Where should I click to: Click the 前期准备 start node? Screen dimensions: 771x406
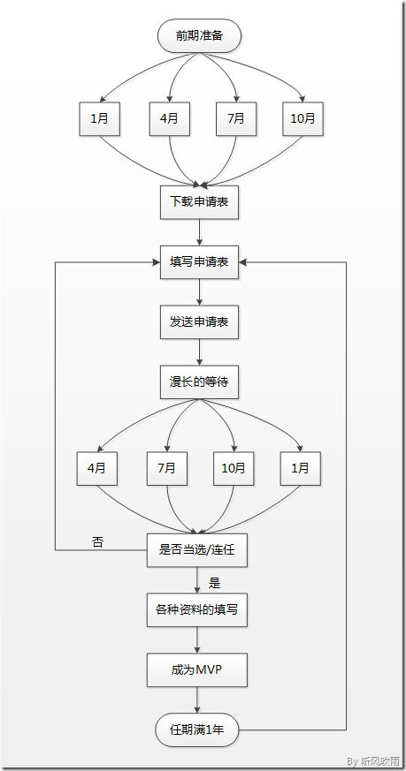pos(199,37)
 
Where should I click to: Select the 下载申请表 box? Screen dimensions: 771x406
pos(199,202)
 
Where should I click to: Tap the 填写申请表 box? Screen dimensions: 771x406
pos(199,262)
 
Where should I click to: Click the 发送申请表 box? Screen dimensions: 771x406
pos(199,321)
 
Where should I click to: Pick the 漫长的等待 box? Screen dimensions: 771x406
pos(199,382)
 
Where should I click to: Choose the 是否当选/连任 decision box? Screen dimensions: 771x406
pos(197,550)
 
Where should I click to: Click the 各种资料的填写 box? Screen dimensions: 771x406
pos(197,609)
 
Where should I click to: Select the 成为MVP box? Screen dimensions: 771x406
pos(197,670)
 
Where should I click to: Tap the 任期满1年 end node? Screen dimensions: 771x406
pos(197,730)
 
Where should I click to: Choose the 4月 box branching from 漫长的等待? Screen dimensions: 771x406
pos(96,468)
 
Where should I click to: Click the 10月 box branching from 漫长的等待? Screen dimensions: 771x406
pos(233,468)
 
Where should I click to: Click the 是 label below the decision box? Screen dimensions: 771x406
pos(214,583)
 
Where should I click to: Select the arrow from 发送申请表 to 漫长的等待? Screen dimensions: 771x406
pos(199,351)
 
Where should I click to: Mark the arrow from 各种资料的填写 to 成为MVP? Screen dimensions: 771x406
pos(197,639)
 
